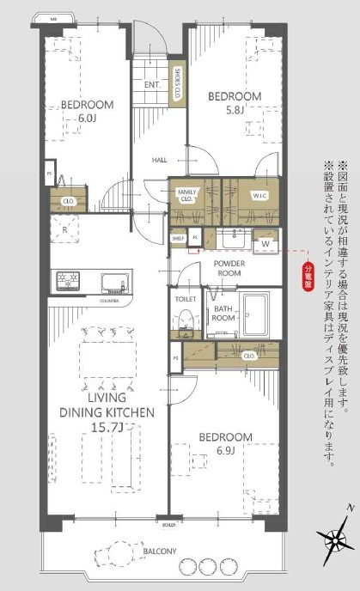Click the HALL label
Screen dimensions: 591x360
tap(160, 160)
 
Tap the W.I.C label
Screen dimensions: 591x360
tap(261, 196)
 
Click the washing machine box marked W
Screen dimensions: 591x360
tap(265, 243)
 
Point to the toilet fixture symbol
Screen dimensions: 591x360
tap(182, 320)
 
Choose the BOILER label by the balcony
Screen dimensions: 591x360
tap(168, 523)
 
